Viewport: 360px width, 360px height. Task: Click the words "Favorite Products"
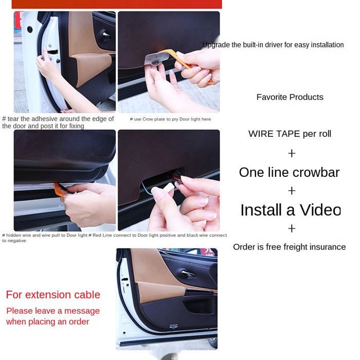290,97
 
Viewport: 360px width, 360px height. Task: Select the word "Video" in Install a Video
320,210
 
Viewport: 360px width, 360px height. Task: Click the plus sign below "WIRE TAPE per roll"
292,153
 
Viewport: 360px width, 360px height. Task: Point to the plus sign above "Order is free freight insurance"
292,229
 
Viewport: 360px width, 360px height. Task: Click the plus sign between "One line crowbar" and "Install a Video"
292,191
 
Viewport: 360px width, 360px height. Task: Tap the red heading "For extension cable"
53,295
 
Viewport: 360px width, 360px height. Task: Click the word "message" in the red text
82,311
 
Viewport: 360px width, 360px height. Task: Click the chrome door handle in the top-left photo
106,35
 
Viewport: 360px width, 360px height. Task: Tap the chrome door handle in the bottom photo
188,274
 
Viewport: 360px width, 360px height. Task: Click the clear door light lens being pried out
156,60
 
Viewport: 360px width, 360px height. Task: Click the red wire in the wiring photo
177,178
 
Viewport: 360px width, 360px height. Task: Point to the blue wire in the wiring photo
146,188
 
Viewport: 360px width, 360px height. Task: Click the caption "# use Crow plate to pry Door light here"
170,119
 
